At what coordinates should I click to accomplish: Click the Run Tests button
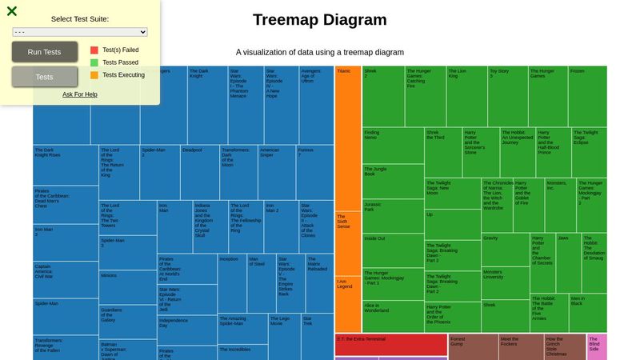click(x=44, y=52)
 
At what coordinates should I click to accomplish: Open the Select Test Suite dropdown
click(x=80, y=32)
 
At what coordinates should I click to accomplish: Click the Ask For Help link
click(x=80, y=94)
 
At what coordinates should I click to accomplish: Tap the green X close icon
click(x=12, y=11)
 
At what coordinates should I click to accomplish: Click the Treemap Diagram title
click(x=320, y=20)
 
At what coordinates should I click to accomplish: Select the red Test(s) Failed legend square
click(x=94, y=50)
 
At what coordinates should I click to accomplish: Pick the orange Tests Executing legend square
click(x=94, y=75)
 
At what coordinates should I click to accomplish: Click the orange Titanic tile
click(x=348, y=136)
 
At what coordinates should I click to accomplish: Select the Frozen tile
click(x=587, y=96)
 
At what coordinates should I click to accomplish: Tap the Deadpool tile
click(x=199, y=172)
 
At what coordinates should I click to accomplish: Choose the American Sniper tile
click(x=277, y=172)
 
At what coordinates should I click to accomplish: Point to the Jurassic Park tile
click(x=392, y=216)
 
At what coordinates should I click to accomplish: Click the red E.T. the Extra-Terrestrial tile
click(x=390, y=345)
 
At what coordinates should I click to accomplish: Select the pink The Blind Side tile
click(x=597, y=346)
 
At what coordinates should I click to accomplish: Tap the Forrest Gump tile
click(x=473, y=346)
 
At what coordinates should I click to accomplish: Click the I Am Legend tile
click(x=348, y=304)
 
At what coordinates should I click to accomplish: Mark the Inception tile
click(x=232, y=282)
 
